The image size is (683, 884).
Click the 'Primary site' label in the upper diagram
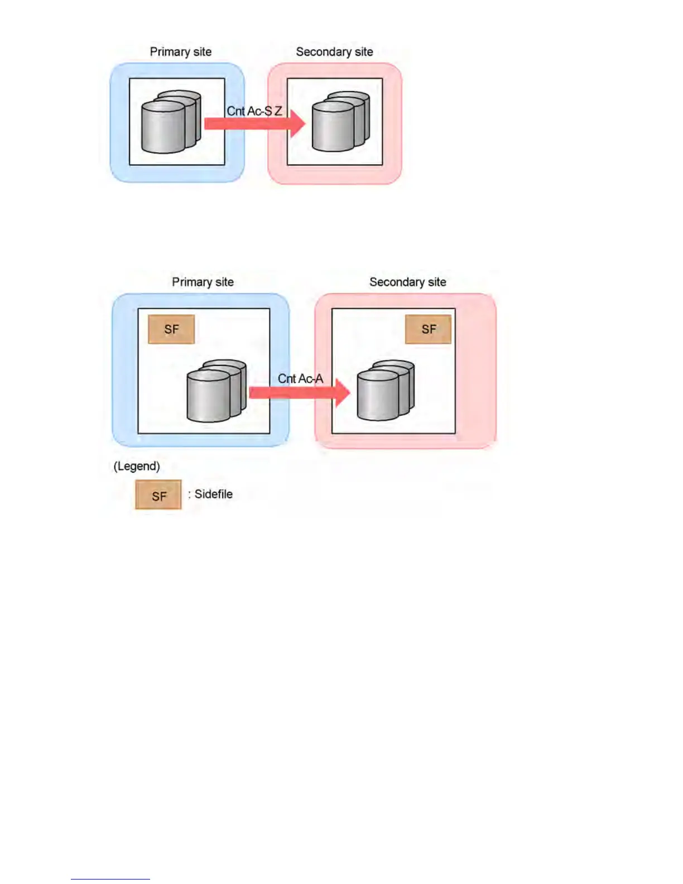[x=180, y=52]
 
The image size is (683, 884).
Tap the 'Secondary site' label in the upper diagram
[x=334, y=52]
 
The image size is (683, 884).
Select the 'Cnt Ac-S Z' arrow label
[x=254, y=111]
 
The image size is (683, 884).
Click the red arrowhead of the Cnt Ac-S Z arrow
[x=298, y=123]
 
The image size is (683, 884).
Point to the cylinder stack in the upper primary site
[x=170, y=122]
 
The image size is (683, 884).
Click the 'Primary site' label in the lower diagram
[x=203, y=282]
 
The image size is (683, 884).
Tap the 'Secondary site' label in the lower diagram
[x=407, y=282]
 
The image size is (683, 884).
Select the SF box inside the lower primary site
[x=171, y=329]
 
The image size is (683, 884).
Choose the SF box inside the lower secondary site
[x=428, y=329]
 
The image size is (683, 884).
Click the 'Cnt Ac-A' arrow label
[x=300, y=378]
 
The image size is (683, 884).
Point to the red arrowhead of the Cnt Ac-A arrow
[x=341, y=392]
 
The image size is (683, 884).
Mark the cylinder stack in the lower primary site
[x=217, y=390]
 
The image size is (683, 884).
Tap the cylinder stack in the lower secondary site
[x=386, y=390]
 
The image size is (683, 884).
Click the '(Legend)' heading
[x=137, y=466]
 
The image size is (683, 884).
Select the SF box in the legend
[x=158, y=495]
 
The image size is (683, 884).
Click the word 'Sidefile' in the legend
[x=213, y=494]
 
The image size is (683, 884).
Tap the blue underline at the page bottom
[x=110, y=879]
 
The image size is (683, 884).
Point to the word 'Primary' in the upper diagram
[x=170, y=52]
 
